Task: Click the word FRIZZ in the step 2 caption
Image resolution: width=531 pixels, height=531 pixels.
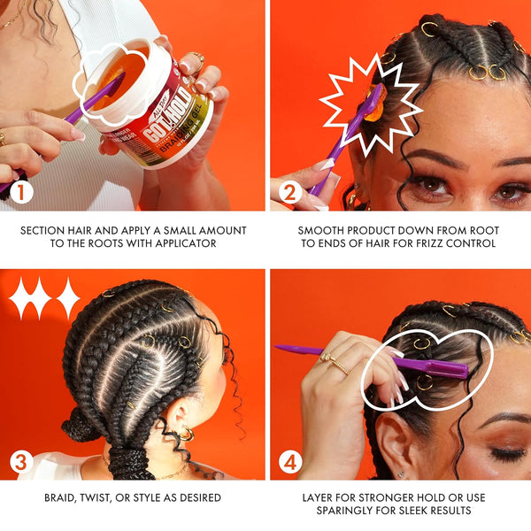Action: (419, 243)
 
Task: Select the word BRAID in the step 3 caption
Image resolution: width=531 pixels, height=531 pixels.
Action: (62, 498)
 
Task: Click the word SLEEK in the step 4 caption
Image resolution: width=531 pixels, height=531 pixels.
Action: (420, 512)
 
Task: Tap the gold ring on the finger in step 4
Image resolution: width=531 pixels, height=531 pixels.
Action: (333, 362)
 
